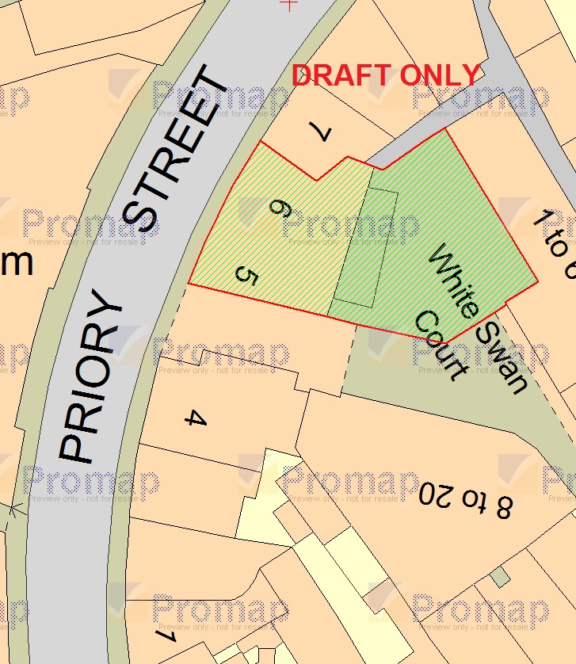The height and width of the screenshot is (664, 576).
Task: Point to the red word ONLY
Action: (x=440, y=75)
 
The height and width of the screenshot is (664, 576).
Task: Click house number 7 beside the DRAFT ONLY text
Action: (x=319, y=132)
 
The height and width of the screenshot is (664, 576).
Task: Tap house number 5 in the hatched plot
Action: (x=247, y=277)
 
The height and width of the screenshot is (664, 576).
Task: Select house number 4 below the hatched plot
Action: (x=195, y=418)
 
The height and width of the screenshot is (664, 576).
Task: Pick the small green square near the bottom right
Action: (x=499, y=578)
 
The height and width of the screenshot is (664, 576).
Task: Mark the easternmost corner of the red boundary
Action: (x=538, y=280)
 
